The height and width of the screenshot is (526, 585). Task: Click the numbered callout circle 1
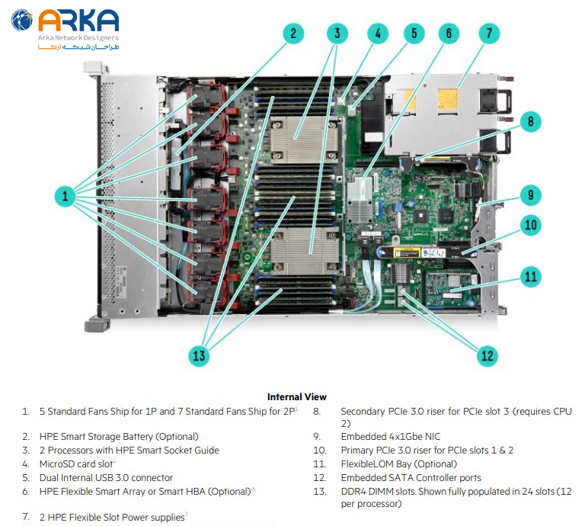point(66,197)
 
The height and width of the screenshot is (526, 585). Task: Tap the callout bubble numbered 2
point(292,34)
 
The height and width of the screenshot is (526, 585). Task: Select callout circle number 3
point(337,34)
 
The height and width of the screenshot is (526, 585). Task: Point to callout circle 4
point(376,34)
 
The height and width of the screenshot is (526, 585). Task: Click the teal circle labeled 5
point(414,34)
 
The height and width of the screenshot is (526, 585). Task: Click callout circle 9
point(531,195)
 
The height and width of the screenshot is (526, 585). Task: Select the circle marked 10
point(531,225)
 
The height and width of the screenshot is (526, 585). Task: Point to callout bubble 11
point(531,276)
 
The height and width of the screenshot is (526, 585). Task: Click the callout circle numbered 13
point(200,354)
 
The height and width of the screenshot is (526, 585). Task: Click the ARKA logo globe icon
point(22,21)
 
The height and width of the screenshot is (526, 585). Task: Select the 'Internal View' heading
point(296,396)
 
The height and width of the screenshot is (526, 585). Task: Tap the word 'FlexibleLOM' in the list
point(369,463)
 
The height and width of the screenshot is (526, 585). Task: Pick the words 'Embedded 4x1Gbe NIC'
point(390,437)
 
